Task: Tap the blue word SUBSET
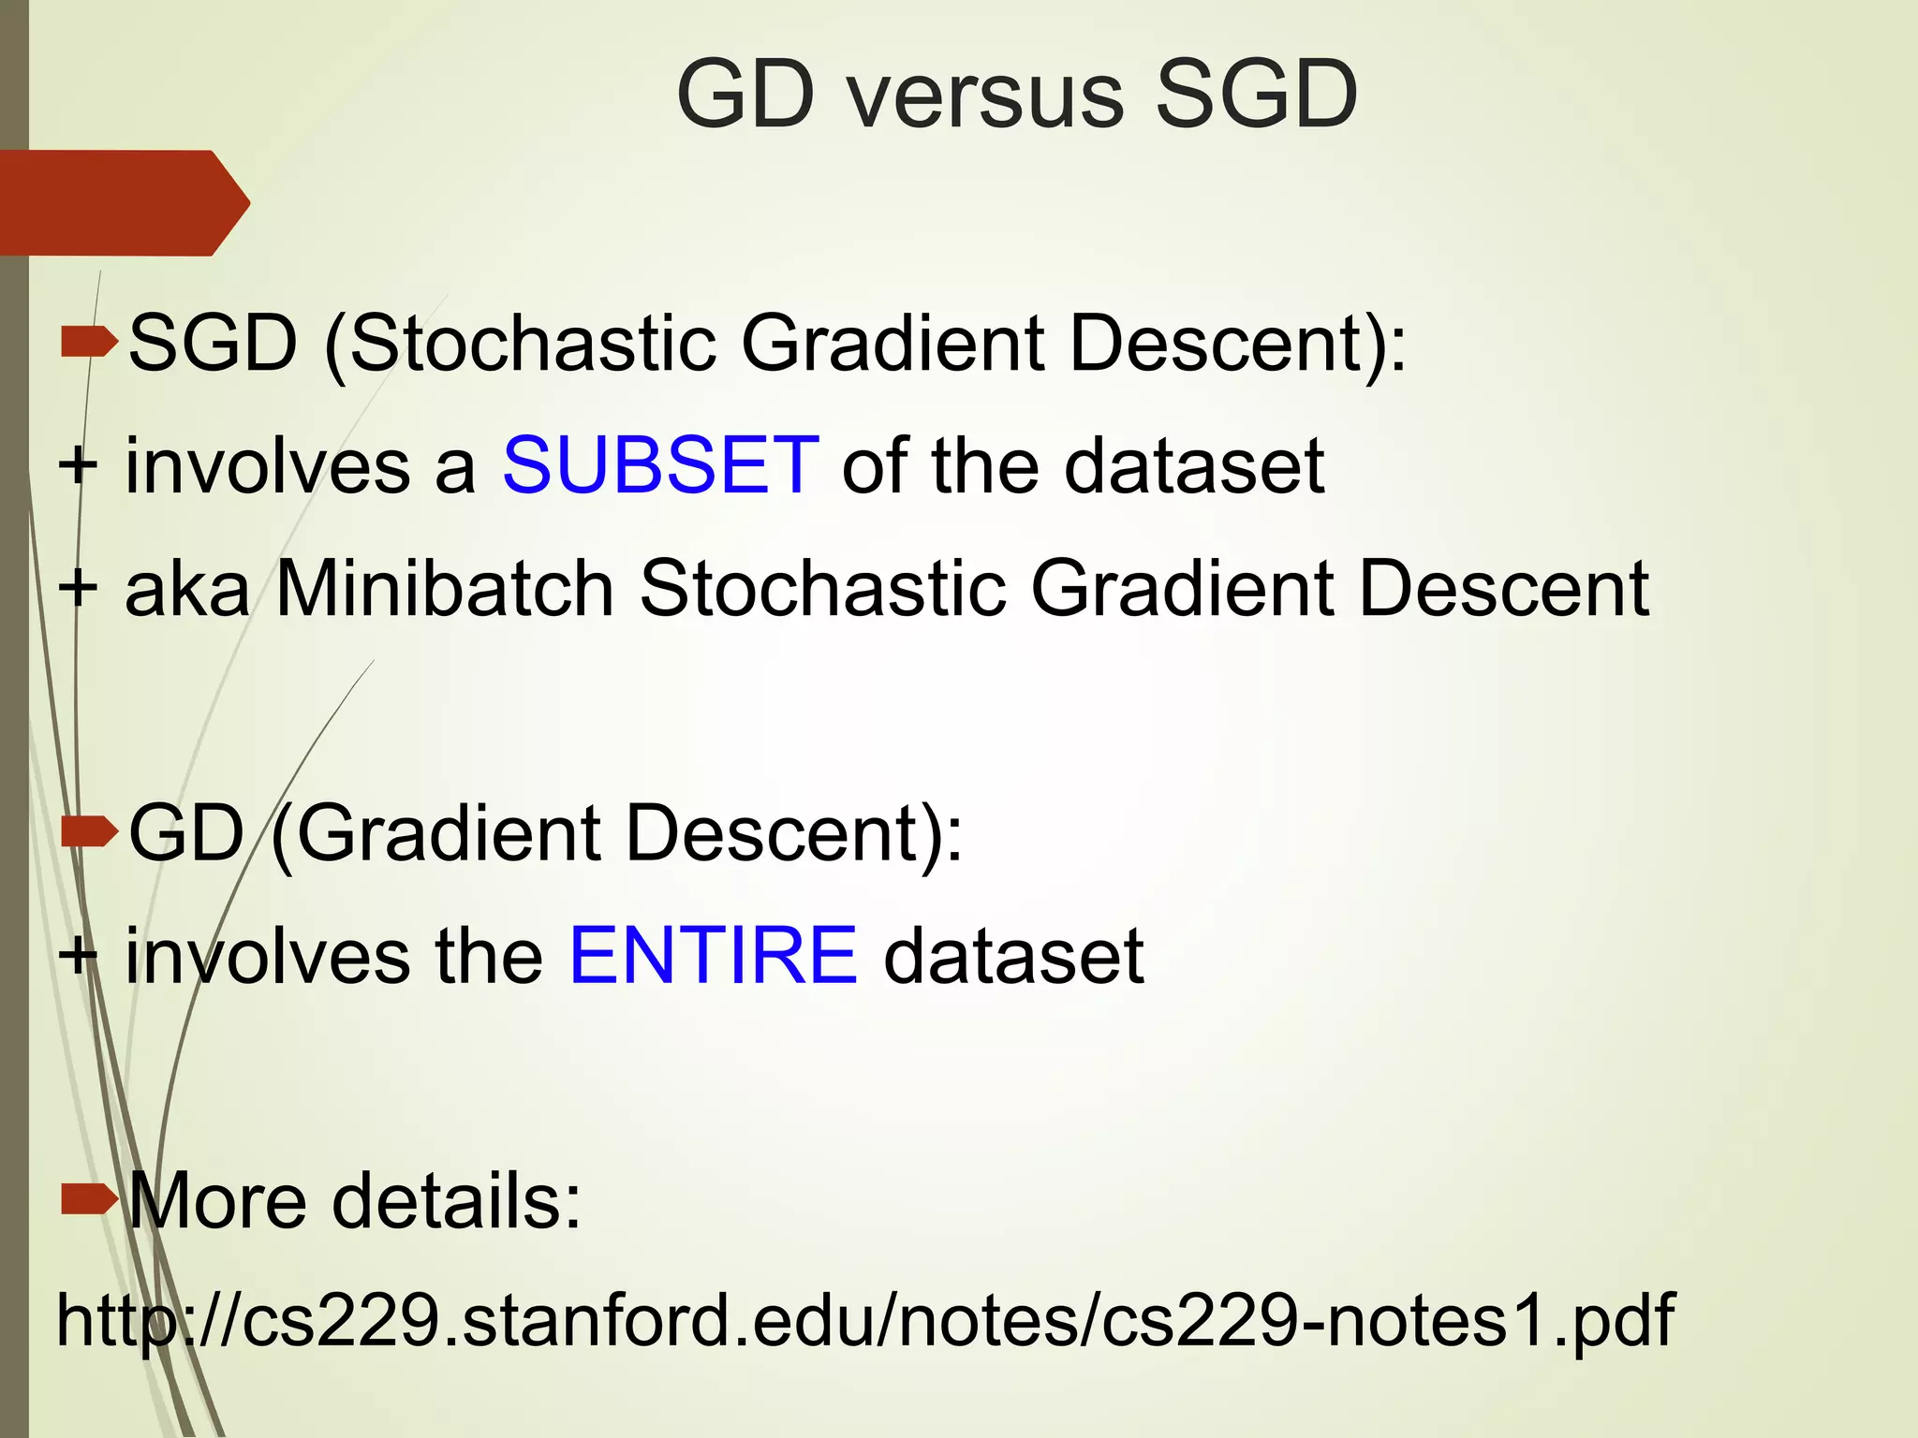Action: [661, 465]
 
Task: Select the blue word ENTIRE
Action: [713, 956]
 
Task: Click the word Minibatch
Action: [445, 589]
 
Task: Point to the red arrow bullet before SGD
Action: [88, 343]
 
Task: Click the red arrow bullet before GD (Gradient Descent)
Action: [88, 831]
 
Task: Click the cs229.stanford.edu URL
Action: [864, 1320]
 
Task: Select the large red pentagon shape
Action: [122, 202]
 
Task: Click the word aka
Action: [187, 590]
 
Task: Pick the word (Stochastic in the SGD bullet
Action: [521, 345]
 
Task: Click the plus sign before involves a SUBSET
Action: [78, 465]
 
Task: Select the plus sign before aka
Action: [78, 589]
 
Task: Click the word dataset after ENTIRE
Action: [1012, 957]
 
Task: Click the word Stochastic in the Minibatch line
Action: [822, 589]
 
